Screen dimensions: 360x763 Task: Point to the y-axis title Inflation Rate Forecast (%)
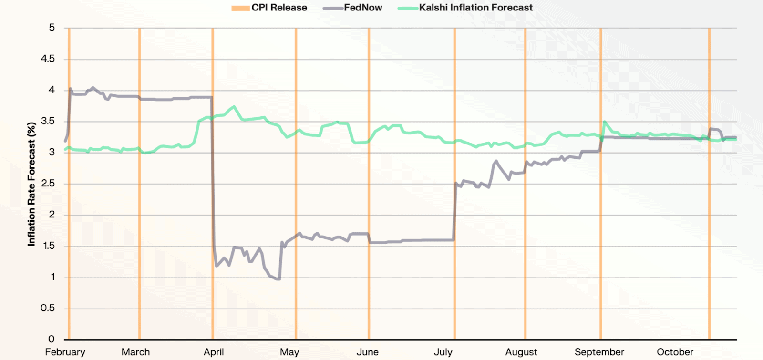[x=31, y=184]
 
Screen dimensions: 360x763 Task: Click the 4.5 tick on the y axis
[x=48, y=59]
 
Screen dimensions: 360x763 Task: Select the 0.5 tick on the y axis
[x=48, y=308]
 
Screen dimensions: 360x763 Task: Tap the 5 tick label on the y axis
[x=52, y=28]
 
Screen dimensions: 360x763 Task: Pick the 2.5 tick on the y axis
[x=48, y=184]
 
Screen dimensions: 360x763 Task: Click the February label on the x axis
[x=65, y=352]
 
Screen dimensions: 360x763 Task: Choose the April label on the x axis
[x=214, y=352]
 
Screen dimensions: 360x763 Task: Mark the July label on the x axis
[x=443, y=352]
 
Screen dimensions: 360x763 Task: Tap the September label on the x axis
[x=599, y=352]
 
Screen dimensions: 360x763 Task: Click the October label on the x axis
[x=675, y=352]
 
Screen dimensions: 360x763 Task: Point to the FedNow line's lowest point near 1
[x=278, y=279]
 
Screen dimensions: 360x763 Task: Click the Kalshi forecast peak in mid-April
[x=234, y=106]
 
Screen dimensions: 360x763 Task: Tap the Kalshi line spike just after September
[x=605, y=122]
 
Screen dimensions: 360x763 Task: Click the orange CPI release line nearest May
[x=296, y=191]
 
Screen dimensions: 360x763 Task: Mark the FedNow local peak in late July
[x=496, y=161]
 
